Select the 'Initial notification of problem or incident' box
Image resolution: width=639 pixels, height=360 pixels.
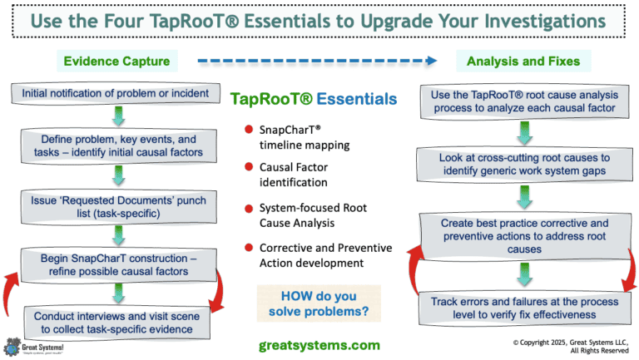[113, 93]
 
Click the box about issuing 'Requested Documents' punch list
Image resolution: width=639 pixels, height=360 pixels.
[113, 205]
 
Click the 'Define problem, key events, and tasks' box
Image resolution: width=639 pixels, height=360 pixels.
[113, 147]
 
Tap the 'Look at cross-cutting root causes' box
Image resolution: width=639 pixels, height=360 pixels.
[523, 165]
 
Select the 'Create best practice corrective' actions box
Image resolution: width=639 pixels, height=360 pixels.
[523, 236]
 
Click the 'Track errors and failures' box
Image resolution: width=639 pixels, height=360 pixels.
[523, 308]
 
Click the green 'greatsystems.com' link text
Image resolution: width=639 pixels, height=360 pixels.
[319, 344]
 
